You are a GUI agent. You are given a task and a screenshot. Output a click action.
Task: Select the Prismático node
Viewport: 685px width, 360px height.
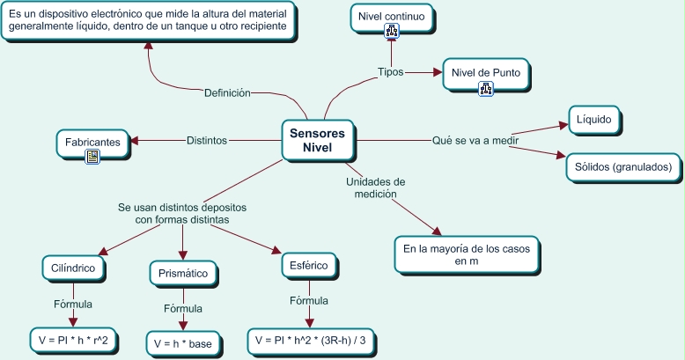pyautogui.click(x=183, y=273)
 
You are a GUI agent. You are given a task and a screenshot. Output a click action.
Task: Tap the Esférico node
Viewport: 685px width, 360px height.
pyautogui.click(x=308, y=265)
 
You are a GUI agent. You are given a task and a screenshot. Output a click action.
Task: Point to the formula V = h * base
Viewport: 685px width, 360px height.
pyautogui.click(x=183, y=343)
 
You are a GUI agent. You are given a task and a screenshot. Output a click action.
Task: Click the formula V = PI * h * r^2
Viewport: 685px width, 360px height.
pyautogui.click(x=74, y=339)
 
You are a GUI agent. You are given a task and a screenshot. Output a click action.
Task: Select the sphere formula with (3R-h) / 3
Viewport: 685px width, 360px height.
pyautogui.click(x=309, y=339)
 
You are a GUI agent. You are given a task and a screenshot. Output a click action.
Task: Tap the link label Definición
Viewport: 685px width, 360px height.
pyautogui.click(x=227, y=92)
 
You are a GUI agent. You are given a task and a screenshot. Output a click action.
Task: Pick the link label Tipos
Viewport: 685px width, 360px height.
pyautogui.click(x=390, y=72)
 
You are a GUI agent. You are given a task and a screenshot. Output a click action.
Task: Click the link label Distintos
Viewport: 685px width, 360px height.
pyautogui.click(x=207, y=140)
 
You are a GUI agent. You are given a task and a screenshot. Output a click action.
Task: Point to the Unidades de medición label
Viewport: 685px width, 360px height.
pyautogui.click(x=375, y=187)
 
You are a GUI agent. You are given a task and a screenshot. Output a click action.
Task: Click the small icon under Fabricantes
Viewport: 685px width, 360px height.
pyautogui.click(x=93, y=157)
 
